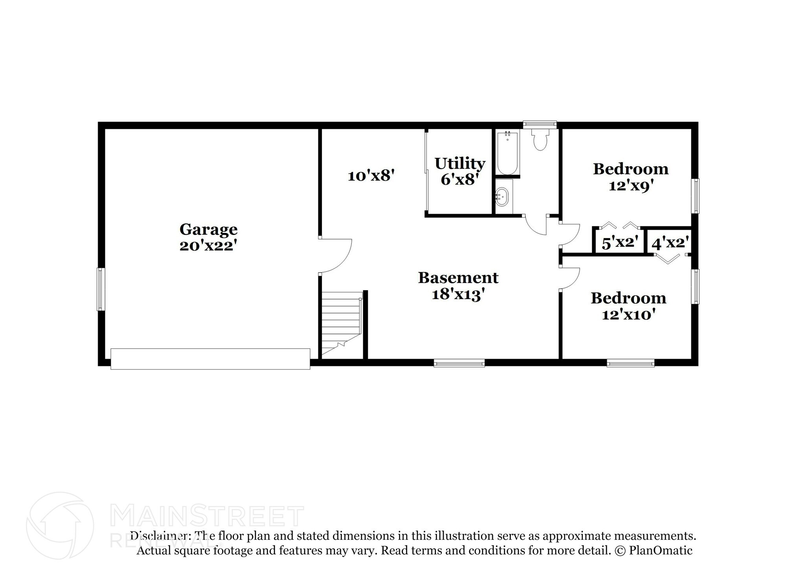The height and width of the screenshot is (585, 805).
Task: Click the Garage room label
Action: click(208, 229)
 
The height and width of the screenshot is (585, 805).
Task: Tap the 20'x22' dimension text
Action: click(208, 246)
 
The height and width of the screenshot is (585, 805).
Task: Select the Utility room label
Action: click(459, 163)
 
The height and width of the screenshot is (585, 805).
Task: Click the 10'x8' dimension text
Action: click(371, 176)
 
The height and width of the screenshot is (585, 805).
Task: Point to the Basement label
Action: click(458, 278)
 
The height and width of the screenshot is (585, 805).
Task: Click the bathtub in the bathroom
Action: click(507, 154)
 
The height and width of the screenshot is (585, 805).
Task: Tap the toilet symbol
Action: click(540, 141)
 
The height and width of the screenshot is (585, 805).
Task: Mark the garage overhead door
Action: click(210, 359)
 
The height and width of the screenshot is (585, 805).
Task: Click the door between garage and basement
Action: click(335, 255)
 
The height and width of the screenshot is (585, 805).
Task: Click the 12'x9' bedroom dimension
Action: click(630, 185)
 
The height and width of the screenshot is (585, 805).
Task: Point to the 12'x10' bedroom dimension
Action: click(628, 315)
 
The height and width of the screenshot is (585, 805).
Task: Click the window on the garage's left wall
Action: click(101, 289)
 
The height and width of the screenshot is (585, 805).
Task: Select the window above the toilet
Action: click(540, 124)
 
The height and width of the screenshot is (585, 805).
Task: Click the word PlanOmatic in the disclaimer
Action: click(660, 550)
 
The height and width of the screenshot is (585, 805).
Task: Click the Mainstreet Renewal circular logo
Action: click(60, 526)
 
